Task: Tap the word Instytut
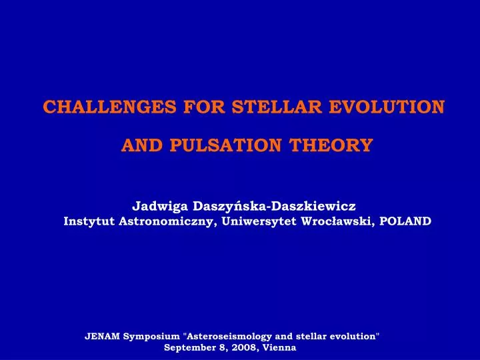click(89, 221)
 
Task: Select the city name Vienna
click(279, 348)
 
